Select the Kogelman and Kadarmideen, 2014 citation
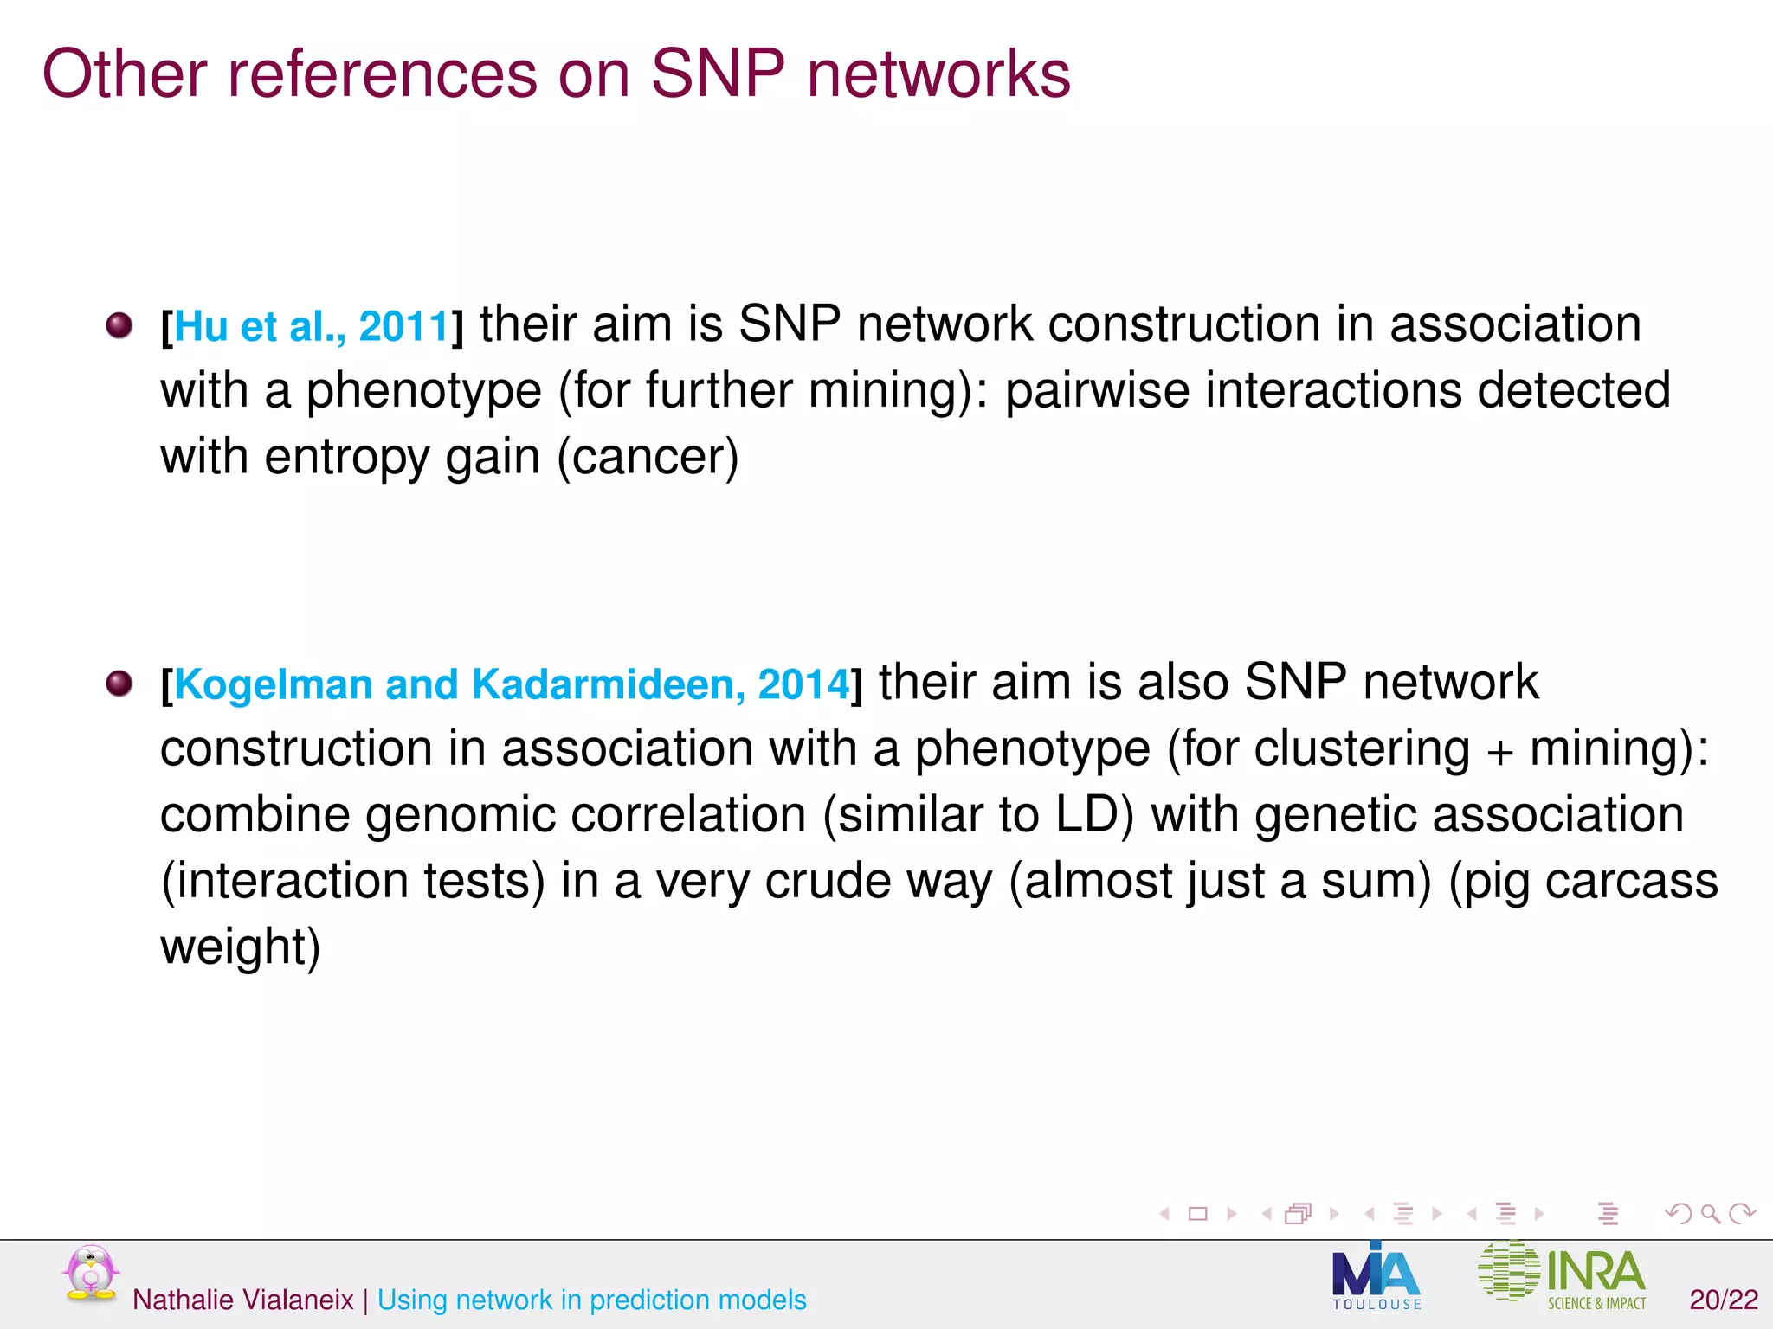coord(512,684)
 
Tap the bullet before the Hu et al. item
coord(119,326)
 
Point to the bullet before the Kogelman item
coord(119,684)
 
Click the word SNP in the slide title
coord(717,74)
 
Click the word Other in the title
coord(124,74)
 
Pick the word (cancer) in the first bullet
coord(648,457)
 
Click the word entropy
coord(346,459)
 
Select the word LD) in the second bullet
coord(1094,814)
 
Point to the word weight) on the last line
coord(240,947)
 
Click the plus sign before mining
coord(1499,750)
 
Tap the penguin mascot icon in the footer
coord(90,1273)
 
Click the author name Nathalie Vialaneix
coord(242,1300)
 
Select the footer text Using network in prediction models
coord(592,1300)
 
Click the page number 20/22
coord(1724,1300)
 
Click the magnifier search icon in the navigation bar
coord(1710,1213)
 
